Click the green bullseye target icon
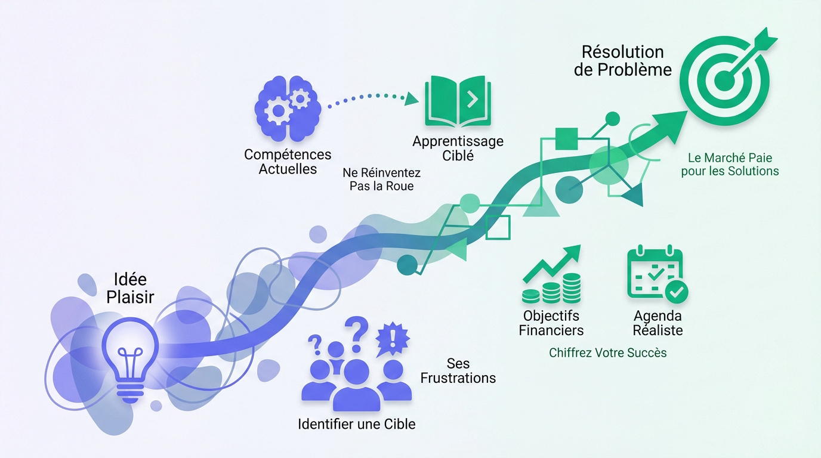(x=725, y=78)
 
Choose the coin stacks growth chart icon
(x=551, y=274)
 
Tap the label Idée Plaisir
(x=130, y=288)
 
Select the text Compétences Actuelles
(x=287, y=162)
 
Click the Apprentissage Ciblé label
(x=458, y=148)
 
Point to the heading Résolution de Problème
(x=622, y=60)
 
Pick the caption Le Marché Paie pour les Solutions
(x=733, y=165)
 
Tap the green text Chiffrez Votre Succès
(x=607, y=353)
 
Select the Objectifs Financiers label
(x=551, y=323)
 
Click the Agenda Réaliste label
(x=658, y=323)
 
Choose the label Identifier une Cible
(x=356, y=425)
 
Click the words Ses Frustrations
(x=458, y=370)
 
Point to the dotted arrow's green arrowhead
(x=412, y=98)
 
